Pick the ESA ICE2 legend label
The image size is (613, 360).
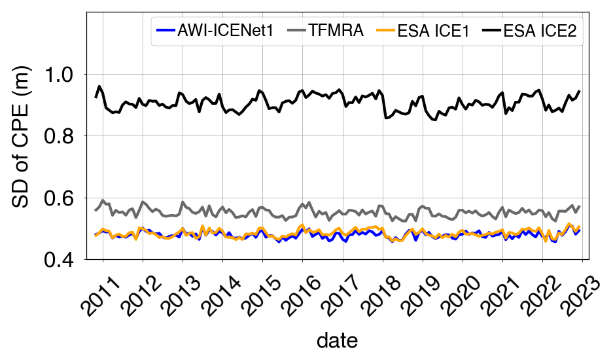pos(540,30)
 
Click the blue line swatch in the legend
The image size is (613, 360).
pos(166,30)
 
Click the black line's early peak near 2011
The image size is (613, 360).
pos(99,86)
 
